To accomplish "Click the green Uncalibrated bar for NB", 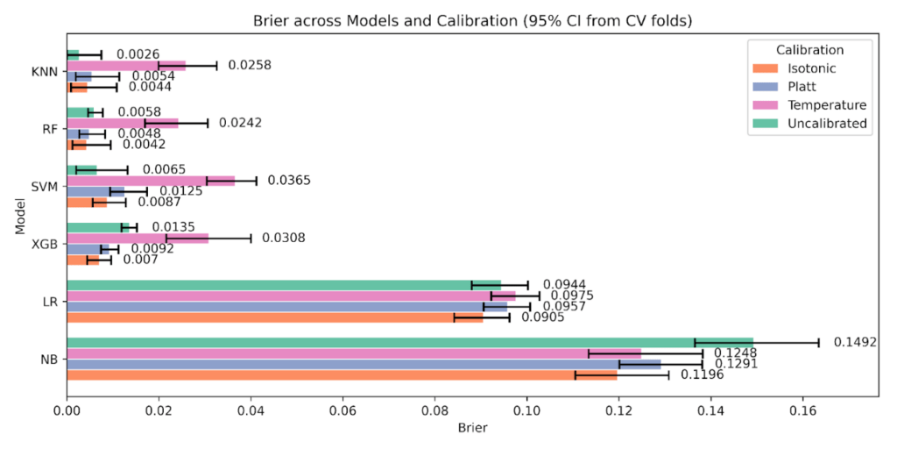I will pos(410,342).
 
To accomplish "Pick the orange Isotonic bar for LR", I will pos(274,317).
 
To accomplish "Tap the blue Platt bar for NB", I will pos(364,364).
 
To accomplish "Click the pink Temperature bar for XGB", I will pos(138,238).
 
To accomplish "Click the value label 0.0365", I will pos(289,181).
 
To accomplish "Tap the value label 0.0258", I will pos(250,65).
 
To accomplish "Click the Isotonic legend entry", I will pos(810,68).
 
